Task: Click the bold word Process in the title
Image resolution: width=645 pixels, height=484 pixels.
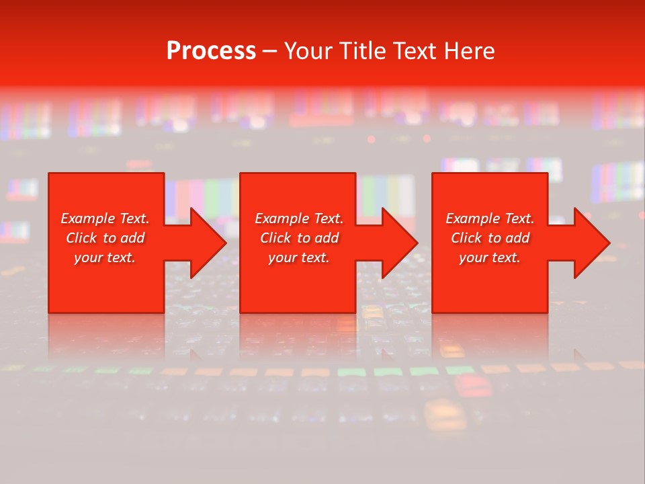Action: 211,51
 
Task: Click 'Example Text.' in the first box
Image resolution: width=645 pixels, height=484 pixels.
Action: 105,218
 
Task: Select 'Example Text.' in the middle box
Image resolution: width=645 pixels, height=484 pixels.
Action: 299,218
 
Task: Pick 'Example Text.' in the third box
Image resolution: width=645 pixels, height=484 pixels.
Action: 490,218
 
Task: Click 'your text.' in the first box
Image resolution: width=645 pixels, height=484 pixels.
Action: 105,257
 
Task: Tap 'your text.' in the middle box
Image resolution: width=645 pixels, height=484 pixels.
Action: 299,257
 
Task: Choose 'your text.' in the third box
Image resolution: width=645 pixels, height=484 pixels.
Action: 490,257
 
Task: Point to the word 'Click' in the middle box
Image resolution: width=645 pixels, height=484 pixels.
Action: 275,238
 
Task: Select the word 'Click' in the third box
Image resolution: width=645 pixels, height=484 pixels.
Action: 466,238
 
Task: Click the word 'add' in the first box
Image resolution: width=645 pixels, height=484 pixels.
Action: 132,238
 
